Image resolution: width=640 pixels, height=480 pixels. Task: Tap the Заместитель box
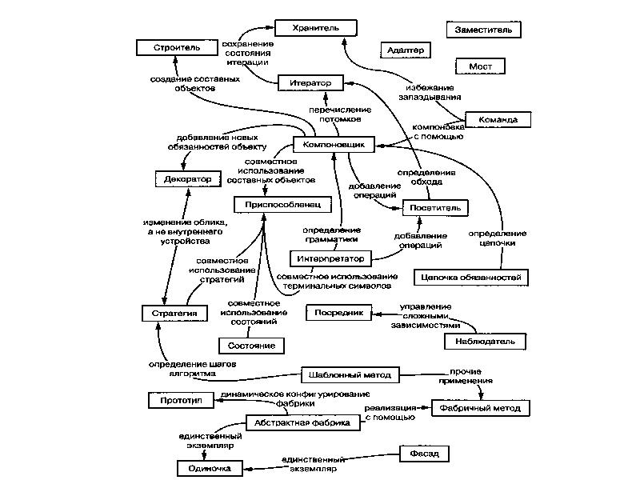tap(483, 30)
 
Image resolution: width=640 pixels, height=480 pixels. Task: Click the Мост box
tap(479, 66)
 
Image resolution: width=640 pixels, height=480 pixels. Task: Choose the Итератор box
tap(310, 82)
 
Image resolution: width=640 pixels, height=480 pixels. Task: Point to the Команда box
tap(498, 120)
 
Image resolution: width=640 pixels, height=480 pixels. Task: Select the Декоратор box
tap(187, 179)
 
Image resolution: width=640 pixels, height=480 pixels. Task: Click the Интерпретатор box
tap(330, 258)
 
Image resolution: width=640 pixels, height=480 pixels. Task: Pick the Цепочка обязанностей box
tap(470, 278)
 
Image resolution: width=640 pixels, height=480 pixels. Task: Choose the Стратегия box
tap(174, 312)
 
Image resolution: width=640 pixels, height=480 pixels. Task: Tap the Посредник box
tap(339, 314)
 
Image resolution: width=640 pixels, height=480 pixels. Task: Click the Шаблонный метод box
tap(349, 374)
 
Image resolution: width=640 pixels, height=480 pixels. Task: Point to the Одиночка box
tap(210, 468)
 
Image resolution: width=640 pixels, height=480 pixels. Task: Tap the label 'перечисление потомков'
tap(340, 113)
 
